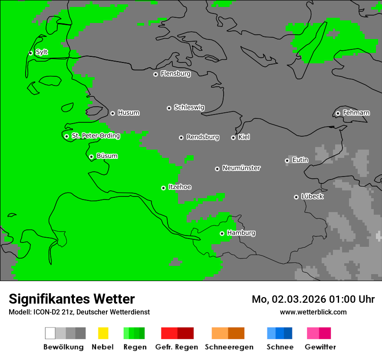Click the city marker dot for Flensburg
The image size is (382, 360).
point(155,74)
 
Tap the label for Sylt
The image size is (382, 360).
point(42,52)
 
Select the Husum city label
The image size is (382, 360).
point(128,113)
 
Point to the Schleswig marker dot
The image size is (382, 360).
point(169,108)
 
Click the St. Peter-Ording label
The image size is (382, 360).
point(95,136)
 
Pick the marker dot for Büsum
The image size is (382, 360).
point(91,157)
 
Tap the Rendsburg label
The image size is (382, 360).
point(203,137)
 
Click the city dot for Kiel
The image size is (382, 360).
point(233,137)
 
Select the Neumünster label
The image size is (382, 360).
point(241,168)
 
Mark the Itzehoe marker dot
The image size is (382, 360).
point(163,188)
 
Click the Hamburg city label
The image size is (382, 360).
point(241,233)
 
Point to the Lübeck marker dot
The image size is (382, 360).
point(296,197)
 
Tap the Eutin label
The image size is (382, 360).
point(300,160)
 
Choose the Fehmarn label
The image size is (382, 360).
point(356,113)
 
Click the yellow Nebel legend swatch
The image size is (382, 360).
point(103,333)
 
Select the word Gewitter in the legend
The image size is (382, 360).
point(320,347)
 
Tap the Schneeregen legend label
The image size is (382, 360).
point(229,347)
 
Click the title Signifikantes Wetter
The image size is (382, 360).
point(72,299)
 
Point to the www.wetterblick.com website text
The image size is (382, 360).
point(313,312)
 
